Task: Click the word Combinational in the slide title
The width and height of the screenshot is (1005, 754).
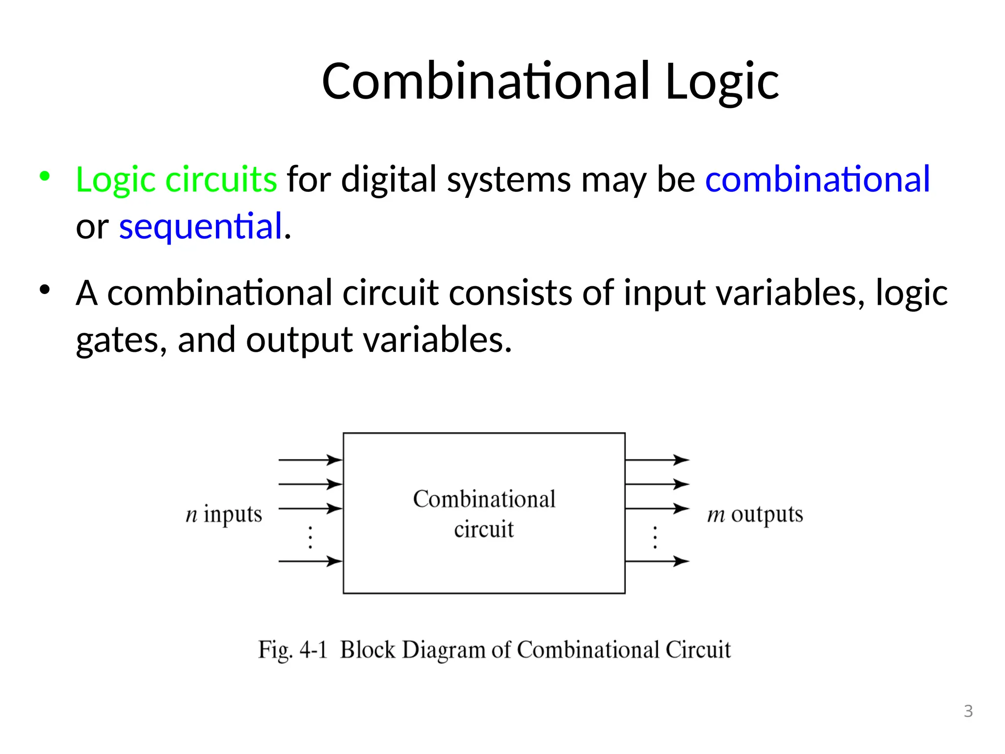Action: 486,82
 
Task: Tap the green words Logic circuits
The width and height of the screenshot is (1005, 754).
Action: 177,179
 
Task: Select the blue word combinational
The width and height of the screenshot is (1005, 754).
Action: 817,179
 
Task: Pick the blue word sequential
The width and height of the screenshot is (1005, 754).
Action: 201,226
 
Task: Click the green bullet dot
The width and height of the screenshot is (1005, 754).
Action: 45,176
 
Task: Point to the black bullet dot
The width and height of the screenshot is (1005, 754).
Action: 45,290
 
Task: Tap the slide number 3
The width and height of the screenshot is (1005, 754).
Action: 968,711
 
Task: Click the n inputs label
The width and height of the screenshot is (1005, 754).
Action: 224,514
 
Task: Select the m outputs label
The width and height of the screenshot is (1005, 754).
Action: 755,514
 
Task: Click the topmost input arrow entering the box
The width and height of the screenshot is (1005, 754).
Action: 310,460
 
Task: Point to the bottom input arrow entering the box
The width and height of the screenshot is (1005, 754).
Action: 310,561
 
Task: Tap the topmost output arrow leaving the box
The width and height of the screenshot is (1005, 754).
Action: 657,460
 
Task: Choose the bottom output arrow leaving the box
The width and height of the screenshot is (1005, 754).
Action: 657,561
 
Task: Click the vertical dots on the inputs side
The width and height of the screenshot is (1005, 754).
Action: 310,537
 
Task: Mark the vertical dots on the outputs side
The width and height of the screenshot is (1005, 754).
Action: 655,537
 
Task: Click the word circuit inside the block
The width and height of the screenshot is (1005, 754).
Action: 484,530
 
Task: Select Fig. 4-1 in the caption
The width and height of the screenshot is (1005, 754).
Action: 292,650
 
